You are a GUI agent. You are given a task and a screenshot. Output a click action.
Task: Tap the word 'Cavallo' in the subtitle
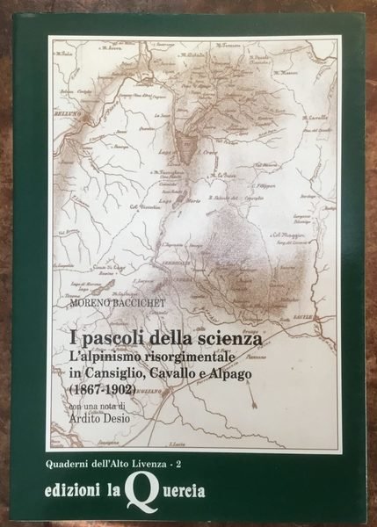click(193, 376)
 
